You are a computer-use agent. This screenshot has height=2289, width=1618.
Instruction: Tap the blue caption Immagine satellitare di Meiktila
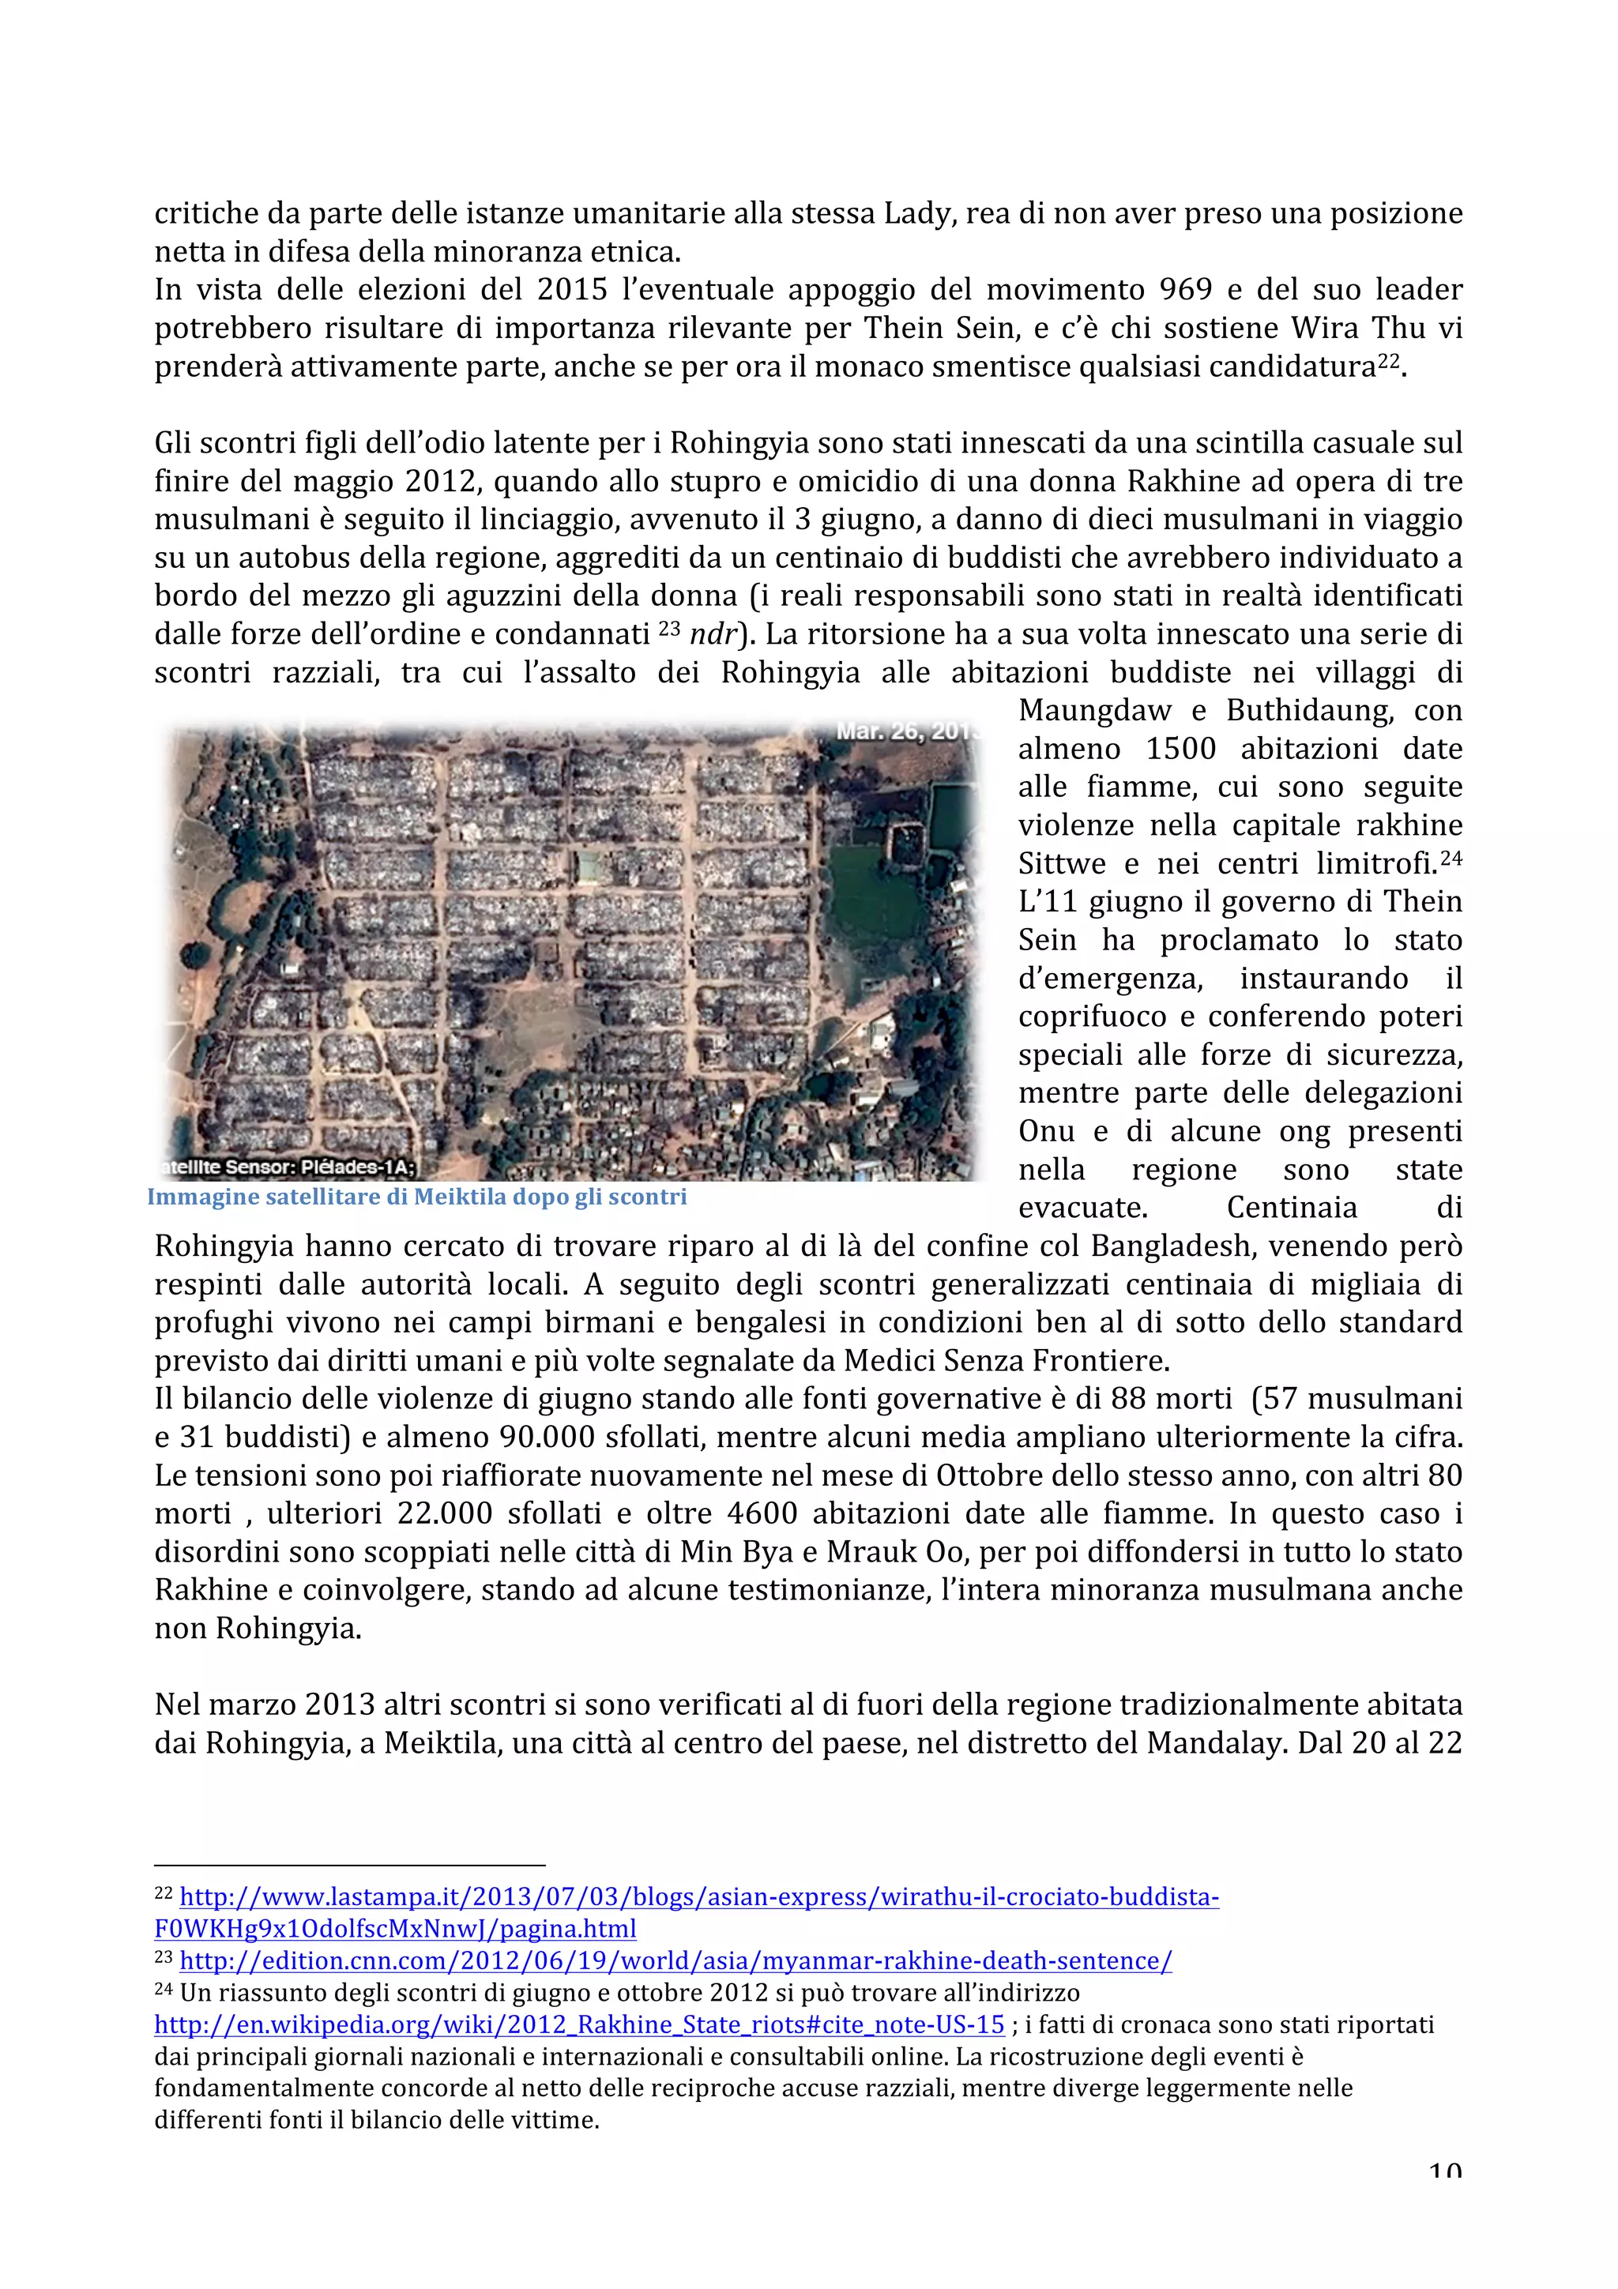pos(416,1197)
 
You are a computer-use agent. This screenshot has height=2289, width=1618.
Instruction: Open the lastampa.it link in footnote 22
pos(698,1896)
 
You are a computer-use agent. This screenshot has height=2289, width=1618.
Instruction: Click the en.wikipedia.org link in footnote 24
pos(579,2025)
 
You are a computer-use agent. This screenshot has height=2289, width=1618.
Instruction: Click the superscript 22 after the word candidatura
pos(1390,361)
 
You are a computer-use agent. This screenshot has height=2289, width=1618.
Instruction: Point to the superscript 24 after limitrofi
pos(1451,856)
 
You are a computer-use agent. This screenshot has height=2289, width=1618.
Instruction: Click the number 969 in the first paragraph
pos(1185,290)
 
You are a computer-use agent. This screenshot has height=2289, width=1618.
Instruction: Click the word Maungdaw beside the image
pos(1095,711)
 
